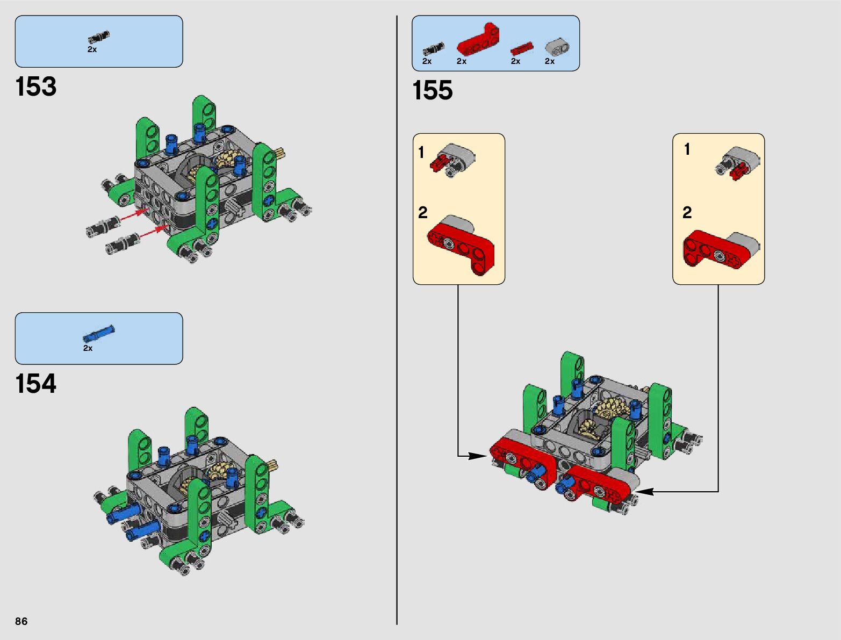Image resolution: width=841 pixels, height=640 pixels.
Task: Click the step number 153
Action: coord(36,87)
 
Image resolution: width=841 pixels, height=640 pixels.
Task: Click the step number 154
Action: coord(36,384)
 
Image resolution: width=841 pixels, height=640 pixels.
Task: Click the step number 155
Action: coord(433,90)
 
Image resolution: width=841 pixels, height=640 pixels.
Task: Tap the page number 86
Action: coord(21,621)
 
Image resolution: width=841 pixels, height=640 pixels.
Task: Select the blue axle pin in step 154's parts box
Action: coord(99,334)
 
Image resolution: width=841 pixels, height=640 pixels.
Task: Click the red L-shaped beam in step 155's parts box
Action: coord(478,40)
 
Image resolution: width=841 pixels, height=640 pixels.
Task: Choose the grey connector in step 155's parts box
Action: coord(557,47)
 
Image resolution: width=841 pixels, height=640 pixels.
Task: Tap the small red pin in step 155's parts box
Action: coord(521,49)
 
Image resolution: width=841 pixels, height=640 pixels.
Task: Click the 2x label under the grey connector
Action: coord(549,61)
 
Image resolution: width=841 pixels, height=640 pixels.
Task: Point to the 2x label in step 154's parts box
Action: coord(88,348)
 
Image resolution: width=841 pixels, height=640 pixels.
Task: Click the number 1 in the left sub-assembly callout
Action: coord(421,153)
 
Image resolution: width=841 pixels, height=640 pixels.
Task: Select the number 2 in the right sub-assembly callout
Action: coord(687,213)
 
